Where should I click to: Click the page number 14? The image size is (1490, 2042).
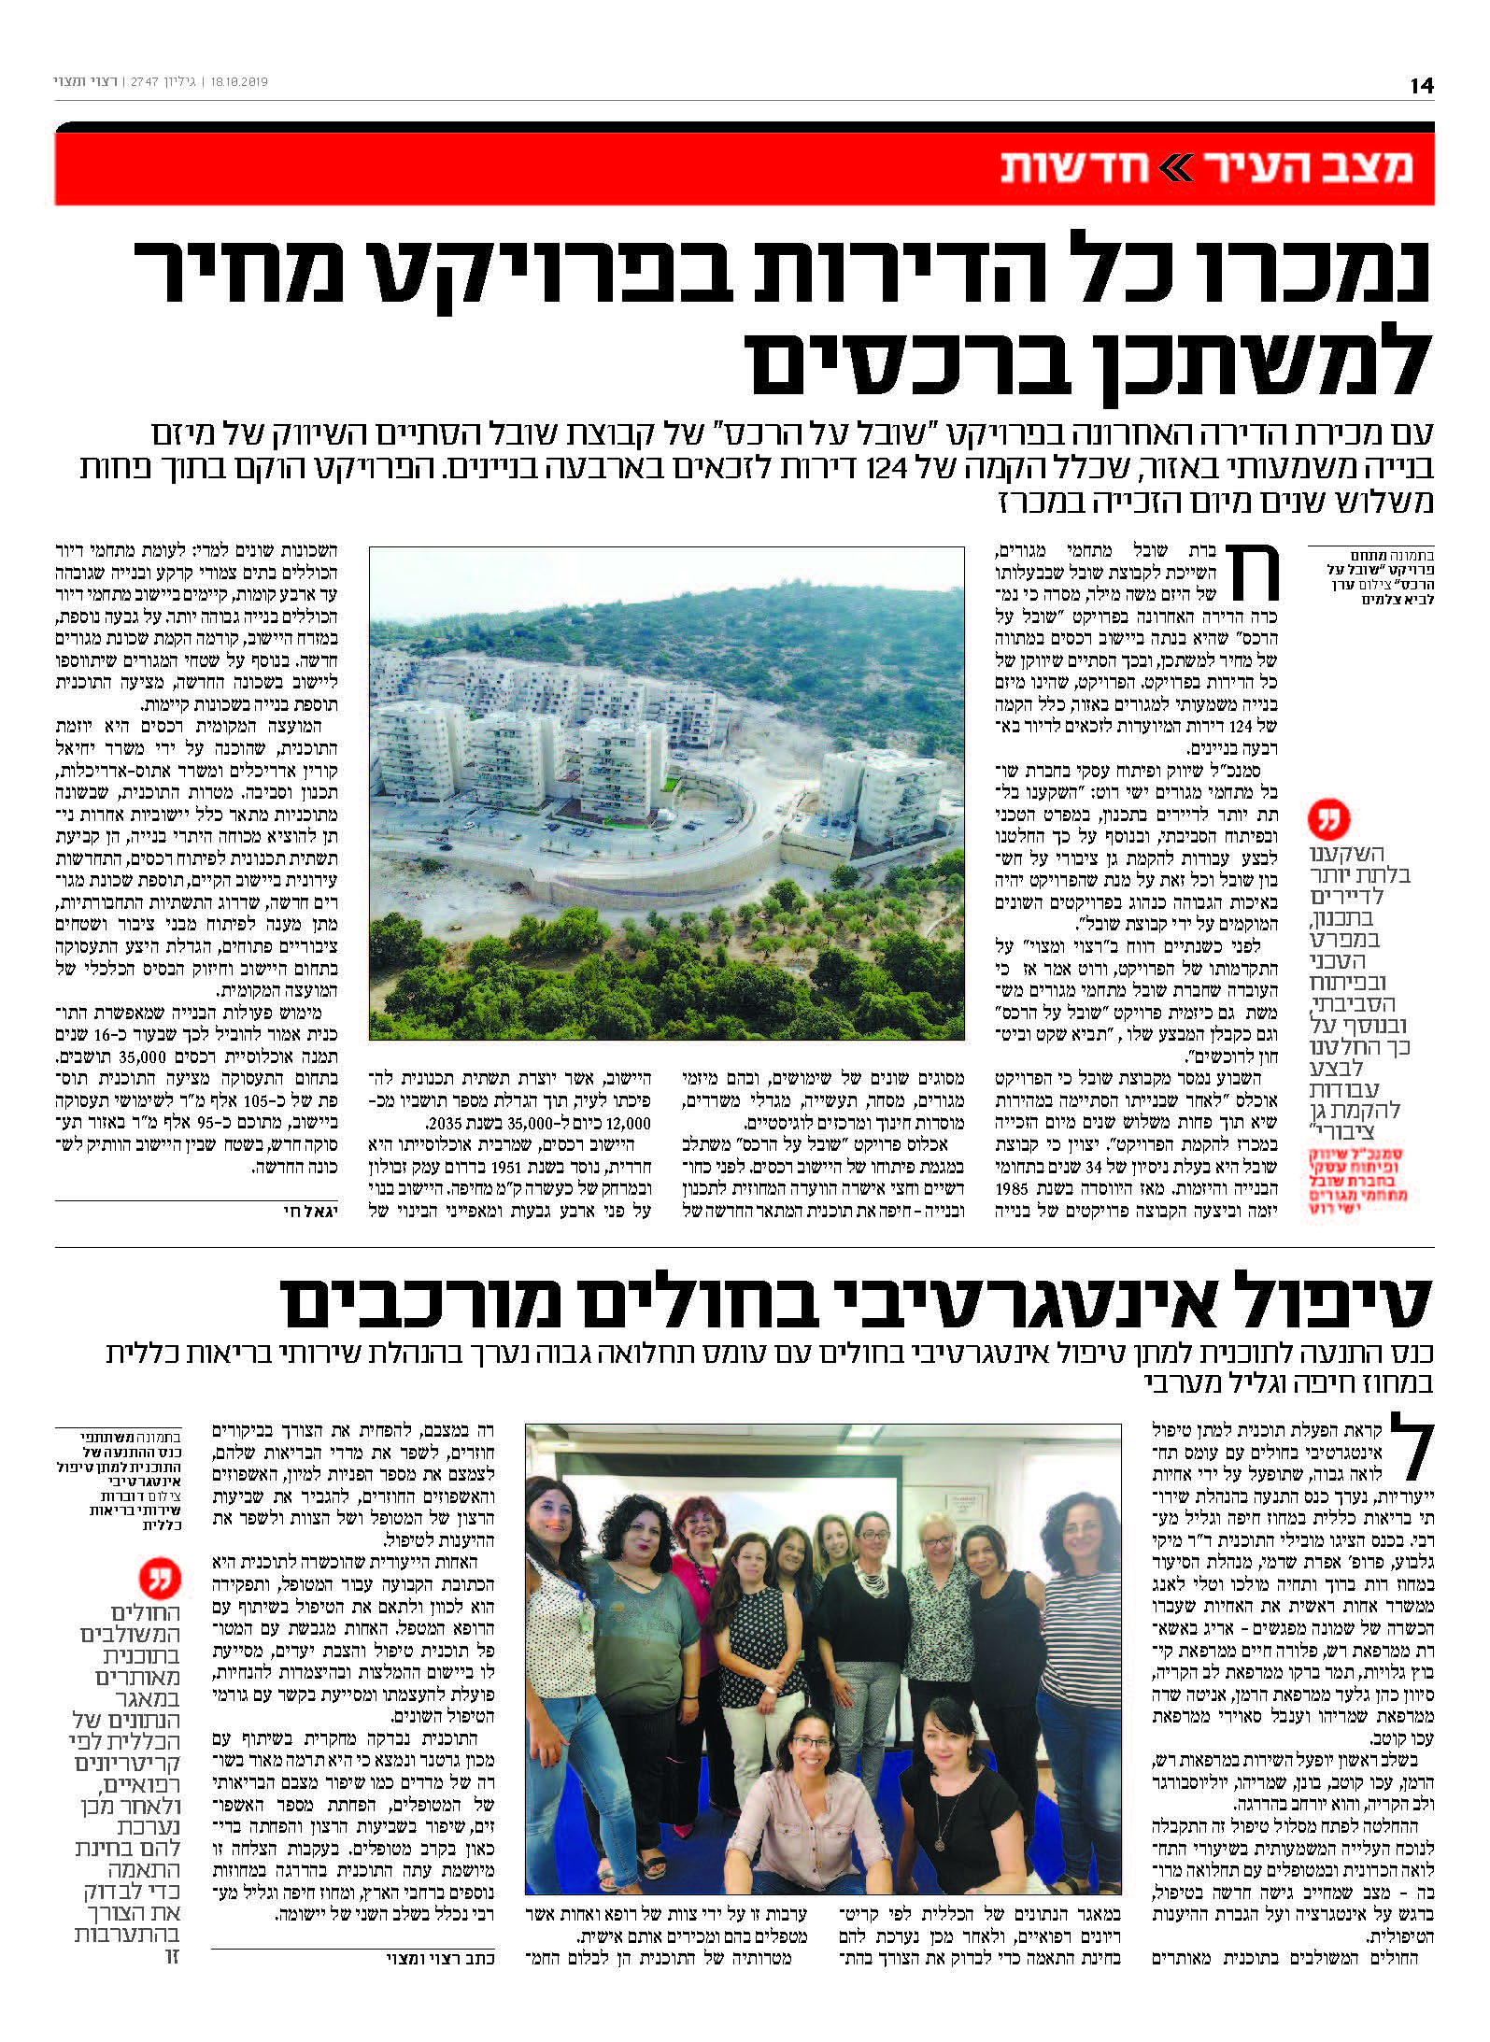tap(1421, 85)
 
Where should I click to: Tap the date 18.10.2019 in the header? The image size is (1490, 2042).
tap(240, 82)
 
